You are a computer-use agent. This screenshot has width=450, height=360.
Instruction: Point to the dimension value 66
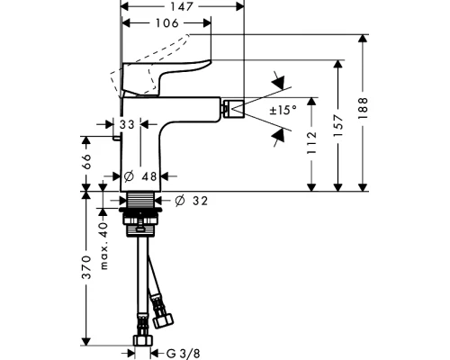(x=86, y=162)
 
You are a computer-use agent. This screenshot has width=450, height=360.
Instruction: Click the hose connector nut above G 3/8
(x=141, y=341)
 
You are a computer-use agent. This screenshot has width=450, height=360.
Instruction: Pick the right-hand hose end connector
(x=165, y=319)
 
